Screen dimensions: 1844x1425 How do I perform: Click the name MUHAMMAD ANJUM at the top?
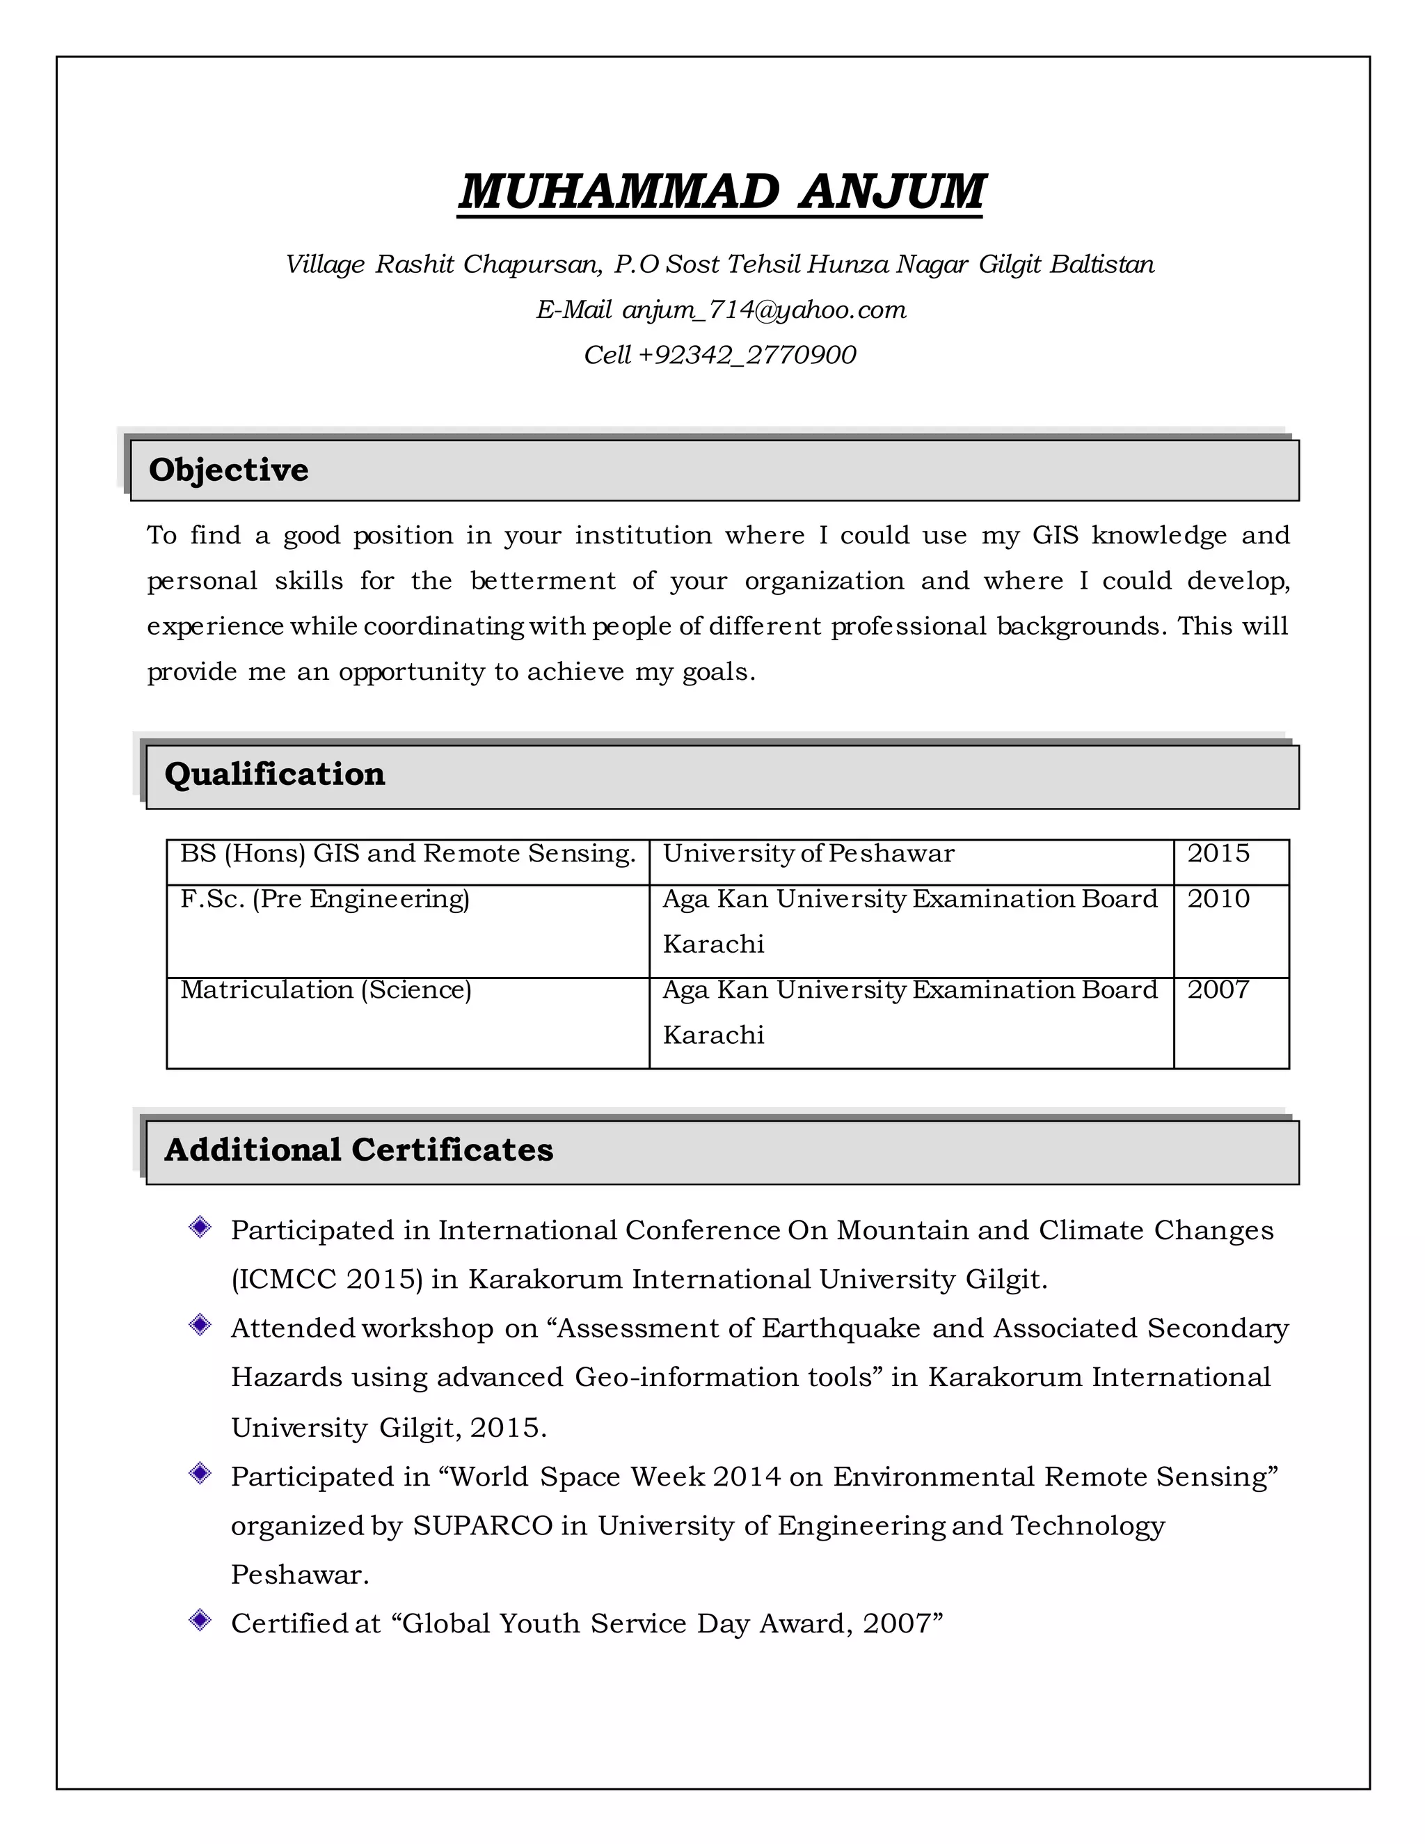point(721,191)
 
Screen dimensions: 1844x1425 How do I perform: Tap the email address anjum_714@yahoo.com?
point(764,310)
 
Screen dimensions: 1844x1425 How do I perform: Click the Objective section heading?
point(229,470)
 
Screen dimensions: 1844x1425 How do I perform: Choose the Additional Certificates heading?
point(359,1150)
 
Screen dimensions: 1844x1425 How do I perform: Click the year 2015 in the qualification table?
point(1218,854)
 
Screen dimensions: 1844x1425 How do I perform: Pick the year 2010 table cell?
point(1218,899)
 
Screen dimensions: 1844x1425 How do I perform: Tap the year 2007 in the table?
point(1218,989)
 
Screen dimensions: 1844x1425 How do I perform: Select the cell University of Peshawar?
point(809,854)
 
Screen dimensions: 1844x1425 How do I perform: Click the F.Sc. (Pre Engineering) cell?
point(325,899)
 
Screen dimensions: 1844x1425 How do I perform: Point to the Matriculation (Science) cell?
point(326,989)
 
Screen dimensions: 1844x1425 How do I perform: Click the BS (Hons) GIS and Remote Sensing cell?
point(408,854)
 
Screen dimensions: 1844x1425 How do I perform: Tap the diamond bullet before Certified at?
point(200,1619)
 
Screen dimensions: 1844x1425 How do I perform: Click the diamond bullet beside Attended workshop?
point(200,1325)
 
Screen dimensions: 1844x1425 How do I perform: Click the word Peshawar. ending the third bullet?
point(301,1575)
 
